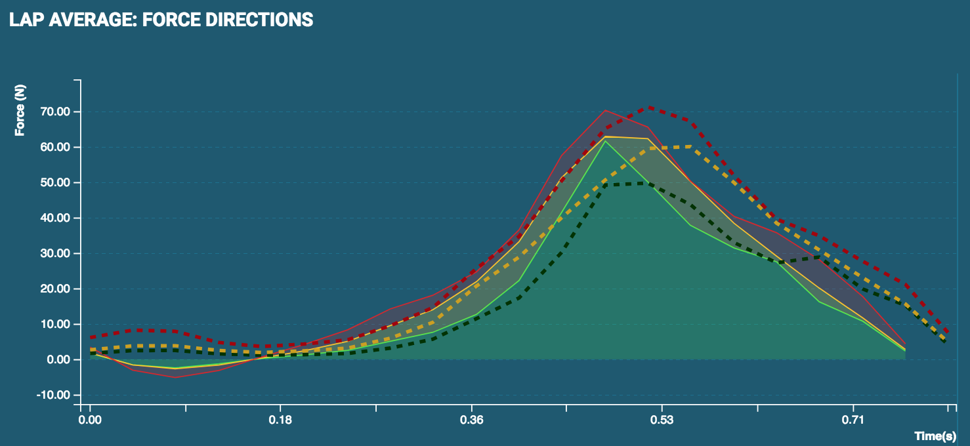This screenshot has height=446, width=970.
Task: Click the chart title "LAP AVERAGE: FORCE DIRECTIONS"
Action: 161,20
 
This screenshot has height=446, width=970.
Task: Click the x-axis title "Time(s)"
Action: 935,436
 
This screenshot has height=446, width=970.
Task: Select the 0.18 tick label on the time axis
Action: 280,420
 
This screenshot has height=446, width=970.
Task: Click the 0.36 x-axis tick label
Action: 471,420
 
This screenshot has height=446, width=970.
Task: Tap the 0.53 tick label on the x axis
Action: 662,420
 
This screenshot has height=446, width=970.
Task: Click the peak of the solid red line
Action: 606,110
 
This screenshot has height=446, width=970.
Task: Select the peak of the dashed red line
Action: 649,107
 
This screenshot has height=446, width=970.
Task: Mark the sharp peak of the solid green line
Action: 606,141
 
